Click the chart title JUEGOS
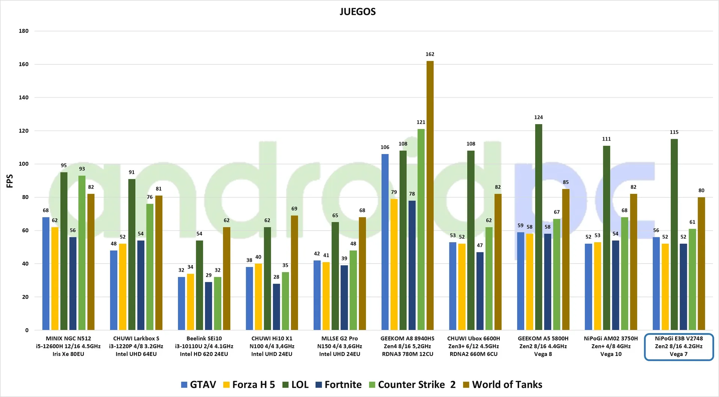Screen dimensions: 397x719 click(x=358, y=12)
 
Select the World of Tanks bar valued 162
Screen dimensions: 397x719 click(x=430, y=194)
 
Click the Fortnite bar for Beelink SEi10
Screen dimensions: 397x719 click(x=209, y=306)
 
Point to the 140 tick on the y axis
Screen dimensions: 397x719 click(x=24, y=98)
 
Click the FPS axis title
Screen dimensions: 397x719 click(x=10, y=181)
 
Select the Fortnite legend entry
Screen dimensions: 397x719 click(x=339, y=385)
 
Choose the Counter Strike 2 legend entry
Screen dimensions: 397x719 click(x=412, y=385)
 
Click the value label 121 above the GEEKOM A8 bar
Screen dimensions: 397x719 click(x=421, y=122)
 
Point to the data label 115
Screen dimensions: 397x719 click(x=674, y=132)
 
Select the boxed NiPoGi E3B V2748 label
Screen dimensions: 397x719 click(x=679, y=347)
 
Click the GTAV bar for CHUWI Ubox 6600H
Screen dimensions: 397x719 click(x=453, y=286)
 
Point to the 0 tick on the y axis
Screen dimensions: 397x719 click(x=27, y=330)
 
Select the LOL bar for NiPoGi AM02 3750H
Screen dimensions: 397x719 click(x=606, y=238)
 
